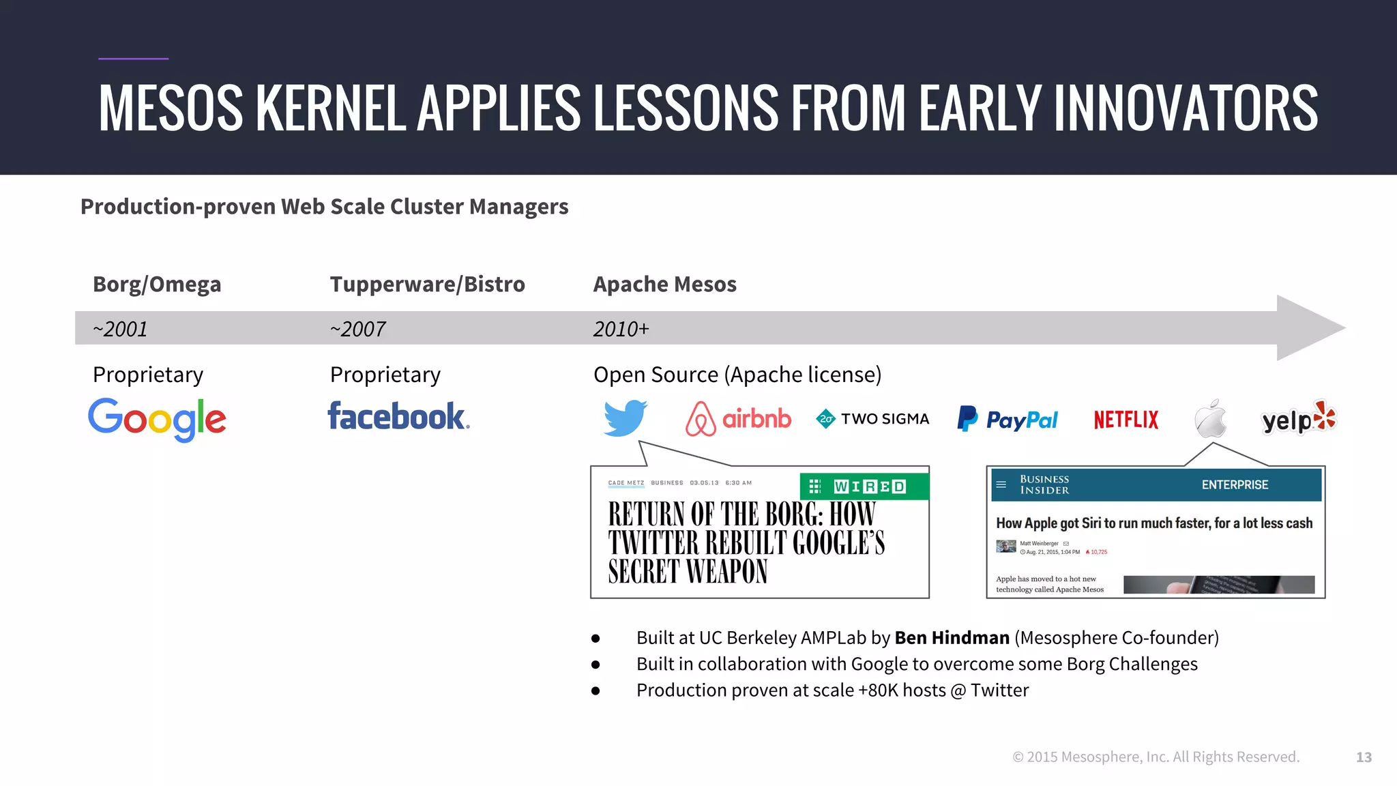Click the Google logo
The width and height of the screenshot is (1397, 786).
pos(157,419)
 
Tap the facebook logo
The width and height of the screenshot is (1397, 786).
pos(398,416)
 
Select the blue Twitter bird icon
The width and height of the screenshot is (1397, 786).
pos(625,418)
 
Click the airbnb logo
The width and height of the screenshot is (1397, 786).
pos(738,418)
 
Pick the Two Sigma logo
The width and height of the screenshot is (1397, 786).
pos(872,419)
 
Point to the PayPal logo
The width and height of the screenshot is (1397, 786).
pos(1008,419)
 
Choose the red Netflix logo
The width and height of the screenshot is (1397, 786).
pos(1126,420)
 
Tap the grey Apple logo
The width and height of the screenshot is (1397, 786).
pos(1211,418)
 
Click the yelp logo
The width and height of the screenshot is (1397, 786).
pos(1298,419)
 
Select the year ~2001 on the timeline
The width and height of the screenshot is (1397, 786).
pos(120,329)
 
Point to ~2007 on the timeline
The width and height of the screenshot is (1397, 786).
pos(357,329)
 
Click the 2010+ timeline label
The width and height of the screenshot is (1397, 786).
pos(621,329)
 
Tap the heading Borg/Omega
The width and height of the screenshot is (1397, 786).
pos(157,284)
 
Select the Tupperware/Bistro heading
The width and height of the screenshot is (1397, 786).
pos(427,284)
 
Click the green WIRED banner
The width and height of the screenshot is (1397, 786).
pos(864,486)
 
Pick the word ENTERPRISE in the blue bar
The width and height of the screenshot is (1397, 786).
pos(1235,485)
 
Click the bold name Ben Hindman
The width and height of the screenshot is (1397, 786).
pos(952,637)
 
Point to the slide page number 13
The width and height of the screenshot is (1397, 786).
pos(1364,757)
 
